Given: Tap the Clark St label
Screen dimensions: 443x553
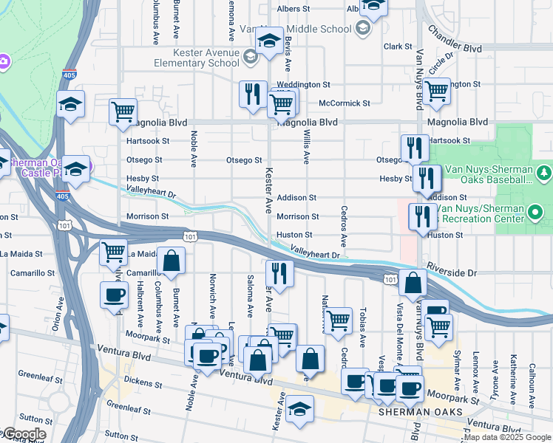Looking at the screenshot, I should [x=397, y=47].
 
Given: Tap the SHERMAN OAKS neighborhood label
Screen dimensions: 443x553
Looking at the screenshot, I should [x=420, y=412].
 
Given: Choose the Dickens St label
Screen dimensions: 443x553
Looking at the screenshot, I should [x=143, y=382].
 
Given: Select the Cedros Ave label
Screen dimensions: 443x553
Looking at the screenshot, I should [x=343, y=226].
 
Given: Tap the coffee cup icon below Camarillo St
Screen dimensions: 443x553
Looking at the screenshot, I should [x=114, y=295].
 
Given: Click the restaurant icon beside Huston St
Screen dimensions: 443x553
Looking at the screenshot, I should [x=422, y=216].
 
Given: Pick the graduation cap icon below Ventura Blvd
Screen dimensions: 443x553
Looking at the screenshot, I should [x=299, y=408].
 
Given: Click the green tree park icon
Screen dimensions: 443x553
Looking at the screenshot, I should [x=544, y=173].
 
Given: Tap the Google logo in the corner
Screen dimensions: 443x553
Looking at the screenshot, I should [x=24, y=434].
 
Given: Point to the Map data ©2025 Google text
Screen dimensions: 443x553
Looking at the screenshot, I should [x=506, y=437].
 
